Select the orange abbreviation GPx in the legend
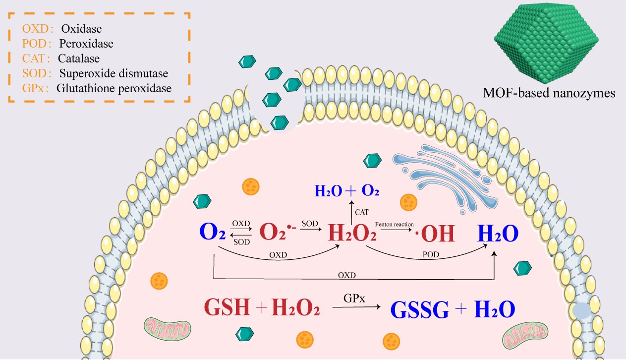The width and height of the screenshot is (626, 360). coord(33,89)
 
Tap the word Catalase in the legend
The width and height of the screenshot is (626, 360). coord(78,59)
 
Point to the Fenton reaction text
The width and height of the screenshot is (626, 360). coord(395,225)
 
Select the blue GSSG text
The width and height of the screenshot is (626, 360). coord(419,308)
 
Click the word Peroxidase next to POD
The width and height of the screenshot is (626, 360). coord(86,44)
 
